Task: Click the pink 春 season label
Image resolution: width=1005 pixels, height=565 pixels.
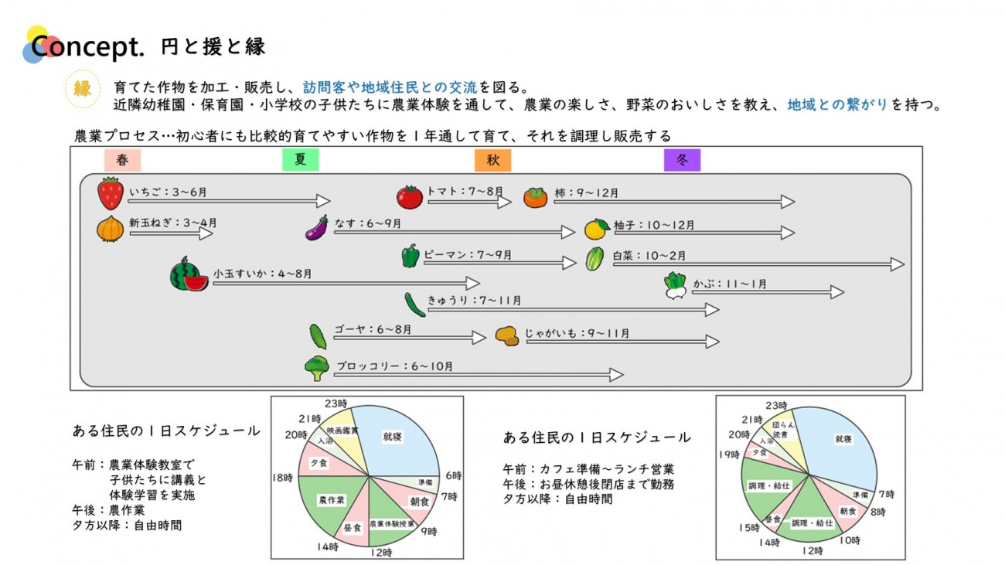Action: click(x=122, y=160)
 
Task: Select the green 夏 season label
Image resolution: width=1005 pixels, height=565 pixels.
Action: click(x=301, y=160)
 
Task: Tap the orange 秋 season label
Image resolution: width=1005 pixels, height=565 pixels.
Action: click(x=492, y=160)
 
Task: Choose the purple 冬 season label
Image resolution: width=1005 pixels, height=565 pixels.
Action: click(x=682, y=160)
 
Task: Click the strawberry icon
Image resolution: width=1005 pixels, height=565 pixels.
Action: click(x=111, y=193)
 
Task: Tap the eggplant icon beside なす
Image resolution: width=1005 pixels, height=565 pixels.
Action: click(x=317, y=227)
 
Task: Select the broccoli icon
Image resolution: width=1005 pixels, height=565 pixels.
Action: click(x=316, y=368)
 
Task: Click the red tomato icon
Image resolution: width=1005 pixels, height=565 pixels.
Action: click(x=410, y=197)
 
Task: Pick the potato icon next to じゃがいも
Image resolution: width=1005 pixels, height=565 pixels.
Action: click(x=507, y=335)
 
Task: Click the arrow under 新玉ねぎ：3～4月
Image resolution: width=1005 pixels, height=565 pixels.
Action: click(x=170, y=233)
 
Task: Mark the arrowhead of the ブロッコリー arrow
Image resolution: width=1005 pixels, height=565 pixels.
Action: click(x=616, y=375)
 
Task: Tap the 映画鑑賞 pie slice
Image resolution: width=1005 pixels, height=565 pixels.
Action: click(x=342, y=431)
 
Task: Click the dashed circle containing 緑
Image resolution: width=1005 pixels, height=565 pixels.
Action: click(x=83, y=88)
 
